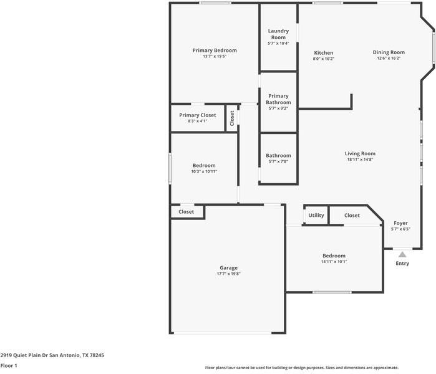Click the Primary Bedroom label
pyautogui.click(x=215, y=50)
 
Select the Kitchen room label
pyautogui.click(x=324, y=53)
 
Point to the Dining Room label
pyautogui.click(x=389, y=52)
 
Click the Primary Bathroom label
pyautogui.click(x=278, y=99)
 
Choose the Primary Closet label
pyautogui.click(x=197, y=115)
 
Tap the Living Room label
pyautogui.click(x=360, y=153)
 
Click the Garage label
pyautogui.click(x=228, y=268)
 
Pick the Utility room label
pyautogui.click(x=316, y=216)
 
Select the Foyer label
pyautogui.click(x=400, y=223)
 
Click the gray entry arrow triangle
pyautogui.click(x=402, y=254)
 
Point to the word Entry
pyautogui.click(x=402, y=264)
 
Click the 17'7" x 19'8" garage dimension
pyautogui.click(x=228, y=274)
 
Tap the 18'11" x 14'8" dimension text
pyautogui.click(x=360, y=160)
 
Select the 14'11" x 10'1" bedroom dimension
pyautogui.click(x=334, y=262)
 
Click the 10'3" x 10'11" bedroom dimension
pyautogui.click(x=204, y=171)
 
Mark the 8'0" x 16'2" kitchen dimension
pyautogui.click(x=324, y=59)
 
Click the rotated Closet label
pyautogui.click(x=232, y=118)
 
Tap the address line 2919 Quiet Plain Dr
pyautogui.click(x=52, y=355)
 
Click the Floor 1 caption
pyautogui.click(x=9, y=366)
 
